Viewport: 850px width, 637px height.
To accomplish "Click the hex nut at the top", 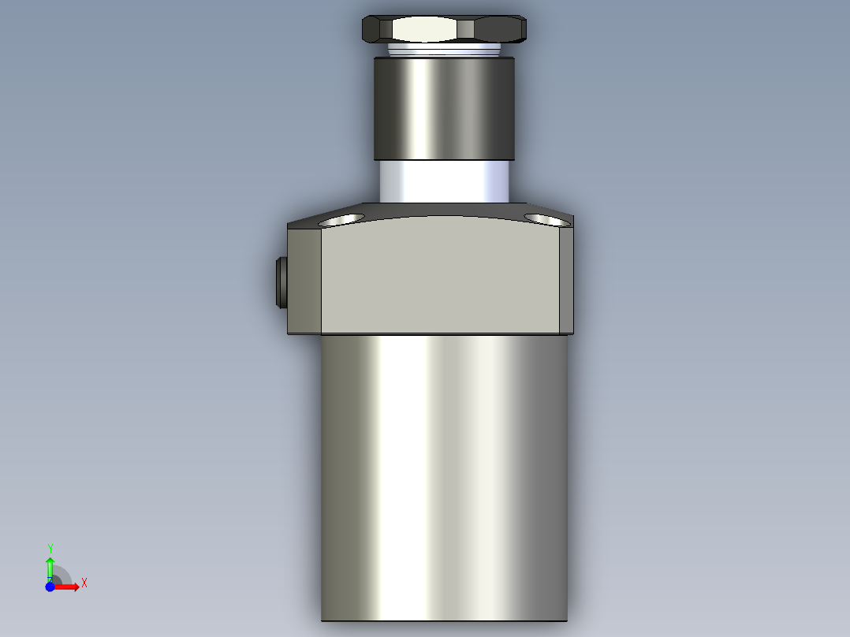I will pyautogui.click(x=444, y=30).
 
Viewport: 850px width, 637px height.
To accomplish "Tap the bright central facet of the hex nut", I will pyautogui.click(x=425, y=31).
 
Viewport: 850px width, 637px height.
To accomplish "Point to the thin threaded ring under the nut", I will pyautogui.click(x=444, y=50).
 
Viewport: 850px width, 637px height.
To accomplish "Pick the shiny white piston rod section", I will pyautogui.click(x=444, y=181).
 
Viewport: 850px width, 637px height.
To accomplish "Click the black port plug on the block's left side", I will pyautogui.click(x=281, y=282).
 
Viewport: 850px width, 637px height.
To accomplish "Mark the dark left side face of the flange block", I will pyautogui.click(x=305, y=280).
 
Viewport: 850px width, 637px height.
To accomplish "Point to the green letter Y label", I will pyautogui.click(x=50, y=548).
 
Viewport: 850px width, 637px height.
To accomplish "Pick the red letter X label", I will pyautogui.click(x=84, y=583).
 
